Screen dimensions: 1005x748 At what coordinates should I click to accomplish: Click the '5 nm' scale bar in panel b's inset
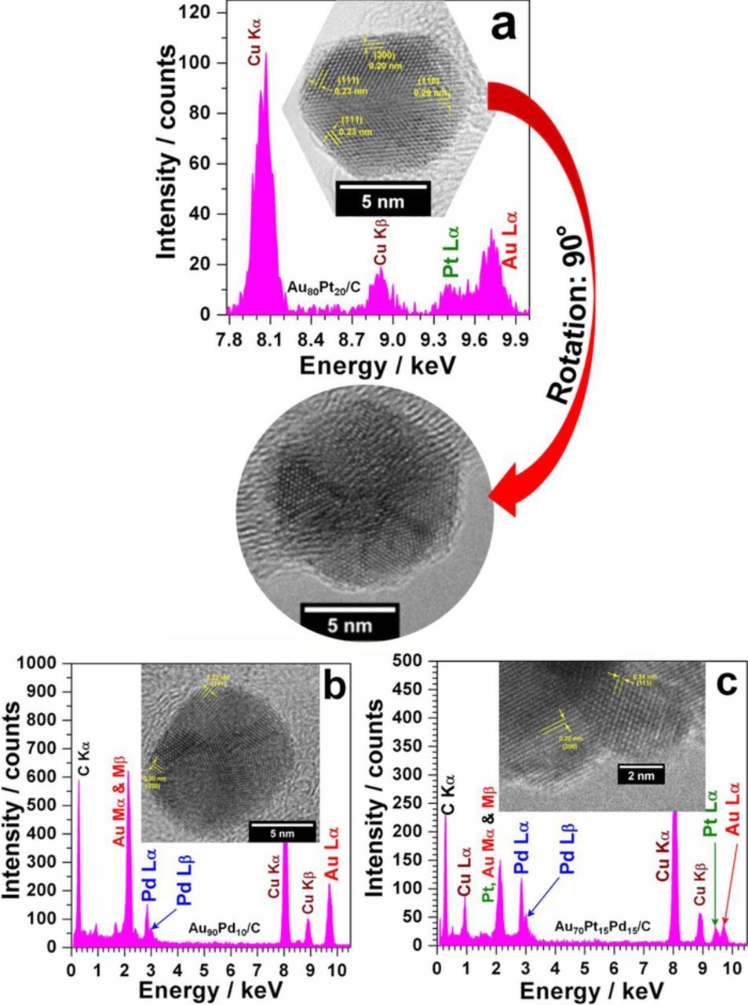click(283, 831)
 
